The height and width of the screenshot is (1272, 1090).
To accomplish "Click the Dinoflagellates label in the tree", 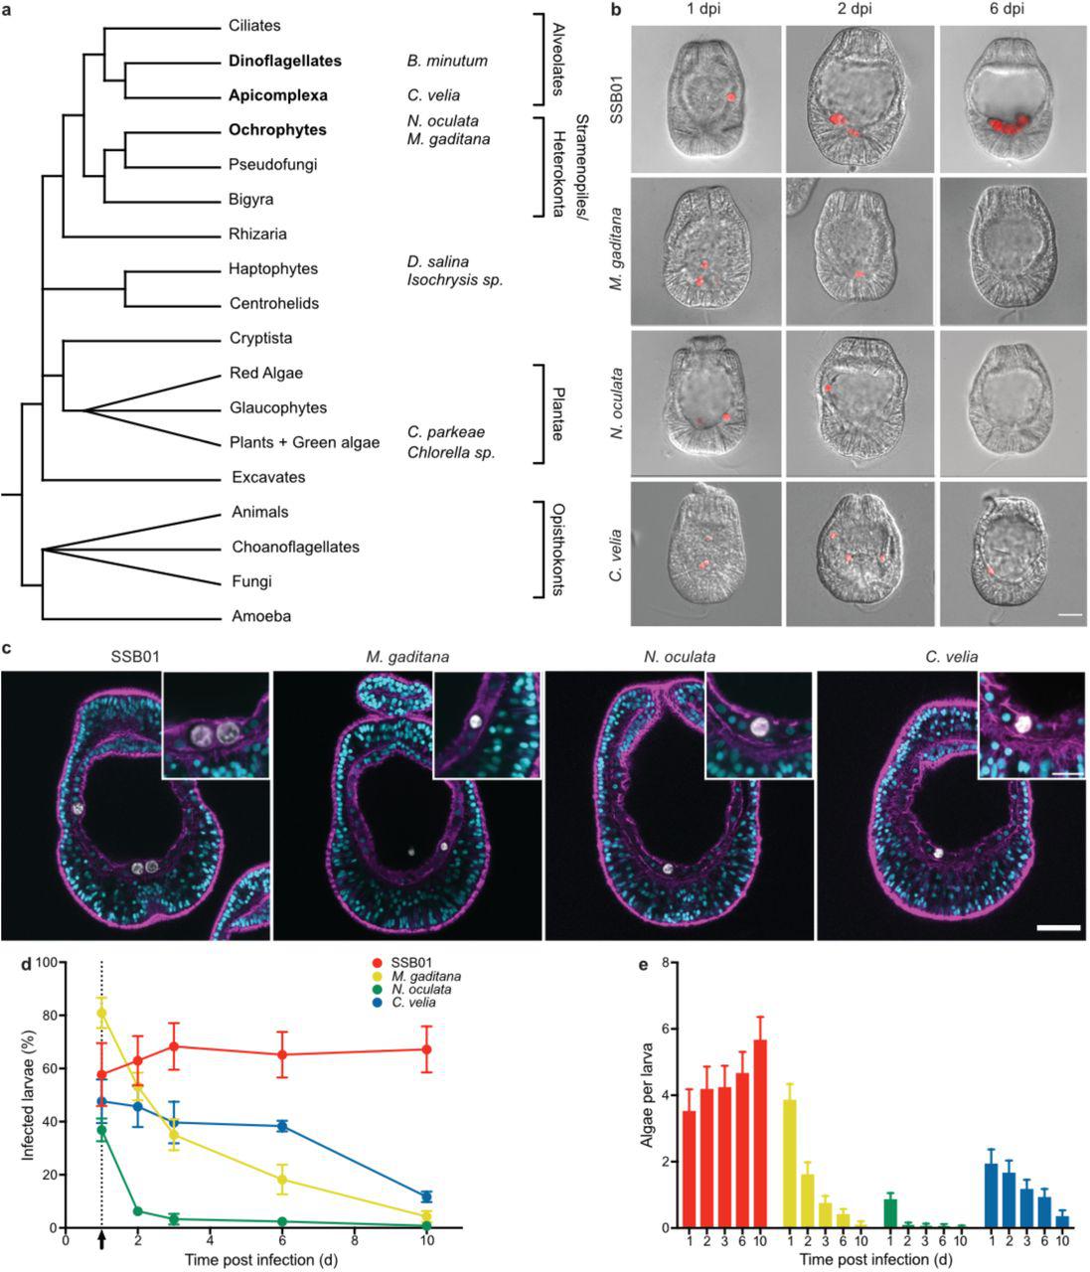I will click(284, 61).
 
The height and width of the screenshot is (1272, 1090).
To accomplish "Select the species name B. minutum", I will click(447, 61).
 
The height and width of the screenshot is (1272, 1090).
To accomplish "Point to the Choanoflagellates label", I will click(295, 547).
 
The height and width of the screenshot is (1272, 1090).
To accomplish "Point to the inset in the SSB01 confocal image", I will click(216, 723).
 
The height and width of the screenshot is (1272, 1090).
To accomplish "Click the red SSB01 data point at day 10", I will click(426, 1049).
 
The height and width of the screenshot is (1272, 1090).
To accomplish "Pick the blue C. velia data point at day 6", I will click(283, 1126).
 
